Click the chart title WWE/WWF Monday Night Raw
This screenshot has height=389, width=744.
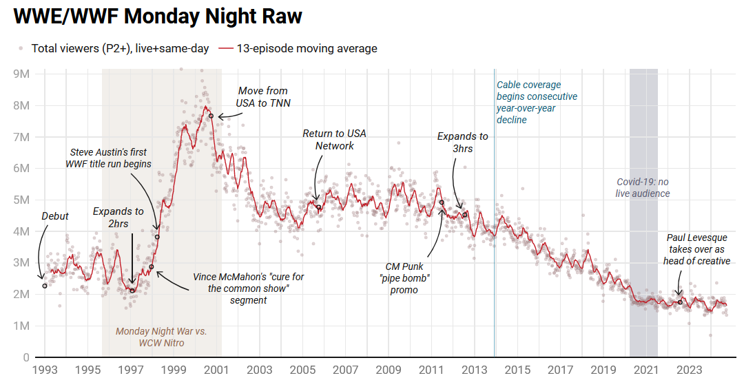pyautogui.click(x=158, y=17)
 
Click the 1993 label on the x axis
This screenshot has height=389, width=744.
pyautogui.click(x=45, y=370)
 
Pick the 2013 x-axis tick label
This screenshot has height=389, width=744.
pyautogui.click(x=474, y=370)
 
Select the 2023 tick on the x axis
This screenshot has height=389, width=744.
pyautogui.click(x=689, y=370)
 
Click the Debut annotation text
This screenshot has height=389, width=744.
pyautogui.click(x=55, y=216)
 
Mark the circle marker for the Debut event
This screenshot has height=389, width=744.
pyautogui.click(x=45, y=286)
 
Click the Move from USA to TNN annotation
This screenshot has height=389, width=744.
pyautogui.click(x=264, y=96)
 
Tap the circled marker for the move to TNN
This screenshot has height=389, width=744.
pyautogui.click(x=211, y=116)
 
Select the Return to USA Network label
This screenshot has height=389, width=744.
pyautogui.click(x=335, y=140)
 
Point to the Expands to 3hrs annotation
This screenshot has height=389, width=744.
pyautogui.click(x=463, y=142)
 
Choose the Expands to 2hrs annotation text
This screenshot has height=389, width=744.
pyautogui.click(x=118, y=217)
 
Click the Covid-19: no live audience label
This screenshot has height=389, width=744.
pyautogui.click(x=643, y=187)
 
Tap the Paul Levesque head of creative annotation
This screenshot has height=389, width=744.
pyautogui.click(x=696, y=249)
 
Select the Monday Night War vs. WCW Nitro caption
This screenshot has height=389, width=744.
pyautogui.click(x=161, y=337)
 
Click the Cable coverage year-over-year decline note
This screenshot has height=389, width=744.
pyautogui.click(x=537, y=103)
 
